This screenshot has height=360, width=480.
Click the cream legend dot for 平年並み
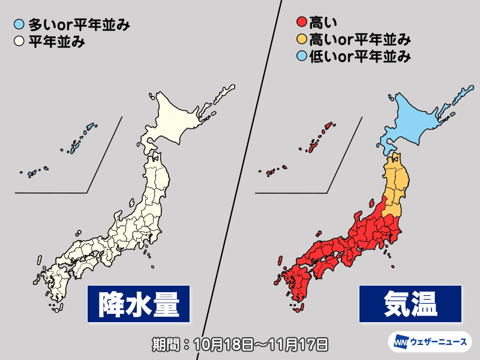point(20,43)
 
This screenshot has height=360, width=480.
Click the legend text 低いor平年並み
point(359,58)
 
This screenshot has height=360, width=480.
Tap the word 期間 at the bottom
point(165,344)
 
